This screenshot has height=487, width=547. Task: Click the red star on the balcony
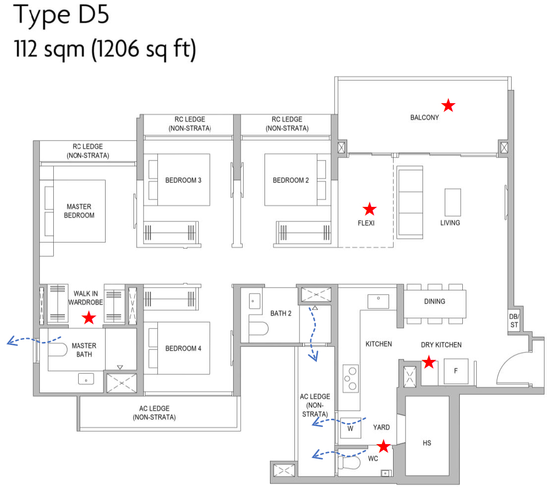coord(448,105)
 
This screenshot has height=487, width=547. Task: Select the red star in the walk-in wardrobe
coord(89,318)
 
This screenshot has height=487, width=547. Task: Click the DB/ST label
coord(514,321)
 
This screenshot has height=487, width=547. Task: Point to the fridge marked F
coord(455,371)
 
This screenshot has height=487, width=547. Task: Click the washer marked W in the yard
coord(350,428)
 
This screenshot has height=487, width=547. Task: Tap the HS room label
coord(426,443)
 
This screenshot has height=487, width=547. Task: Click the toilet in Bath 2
coord(259,328)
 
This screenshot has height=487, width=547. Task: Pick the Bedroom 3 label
coord(183,180)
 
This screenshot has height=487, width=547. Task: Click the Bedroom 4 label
coord(183,348)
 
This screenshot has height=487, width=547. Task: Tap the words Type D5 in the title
coord(62,16)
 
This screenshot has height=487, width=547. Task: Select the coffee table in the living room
coord(452,202)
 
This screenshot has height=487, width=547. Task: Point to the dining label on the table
coord(434,301)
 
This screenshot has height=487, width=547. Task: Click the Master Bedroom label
coord(80,211)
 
